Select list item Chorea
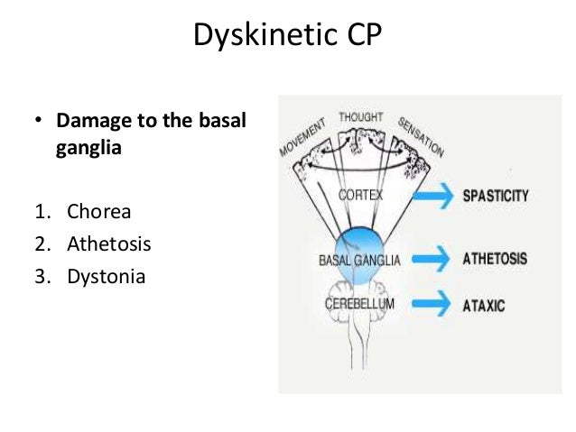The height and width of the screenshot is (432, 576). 98,212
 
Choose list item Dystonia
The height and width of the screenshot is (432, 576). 106,275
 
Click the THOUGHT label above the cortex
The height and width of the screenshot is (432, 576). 360,118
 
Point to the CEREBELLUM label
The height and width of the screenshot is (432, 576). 359,304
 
